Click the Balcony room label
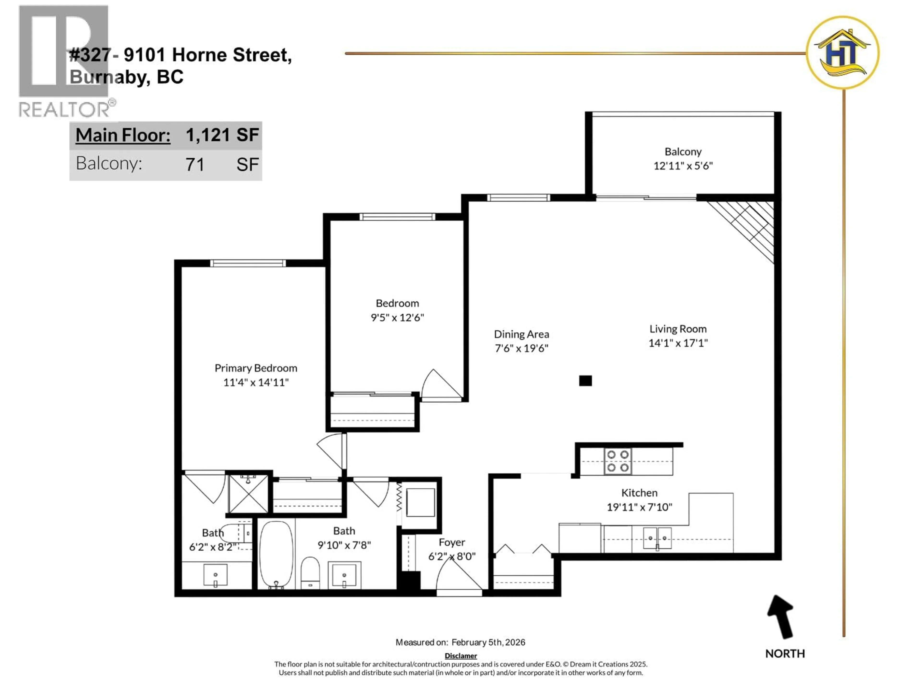point(683,152)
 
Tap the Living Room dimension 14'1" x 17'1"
point(678,343)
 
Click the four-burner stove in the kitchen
point(618,461)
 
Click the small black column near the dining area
point(585,381)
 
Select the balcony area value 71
point(195,165)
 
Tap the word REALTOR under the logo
point(65,110)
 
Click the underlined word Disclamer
point(461,655)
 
